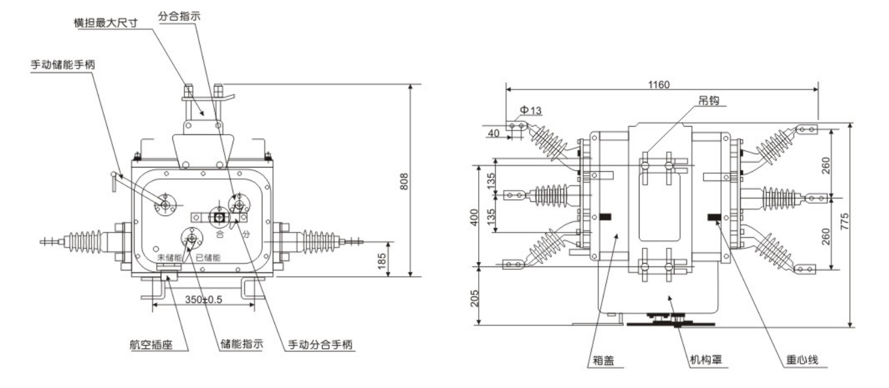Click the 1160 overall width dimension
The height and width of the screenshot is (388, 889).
pyautogui.click(x=660, y=85)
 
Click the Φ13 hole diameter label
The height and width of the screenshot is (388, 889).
pyautogui.click(x=530, y=111)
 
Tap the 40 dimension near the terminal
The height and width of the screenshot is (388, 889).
pyautogui.click(x=494, y=133)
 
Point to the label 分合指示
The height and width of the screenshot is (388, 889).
pyautogui.click(x=179, y=14)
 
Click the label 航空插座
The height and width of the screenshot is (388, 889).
pyautogui.click(x=151, y=345)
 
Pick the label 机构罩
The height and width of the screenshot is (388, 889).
pyautogui.click(x=705, y=360)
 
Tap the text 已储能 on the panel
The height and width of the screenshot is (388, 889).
pyautogui.click(x=208, y=257)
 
